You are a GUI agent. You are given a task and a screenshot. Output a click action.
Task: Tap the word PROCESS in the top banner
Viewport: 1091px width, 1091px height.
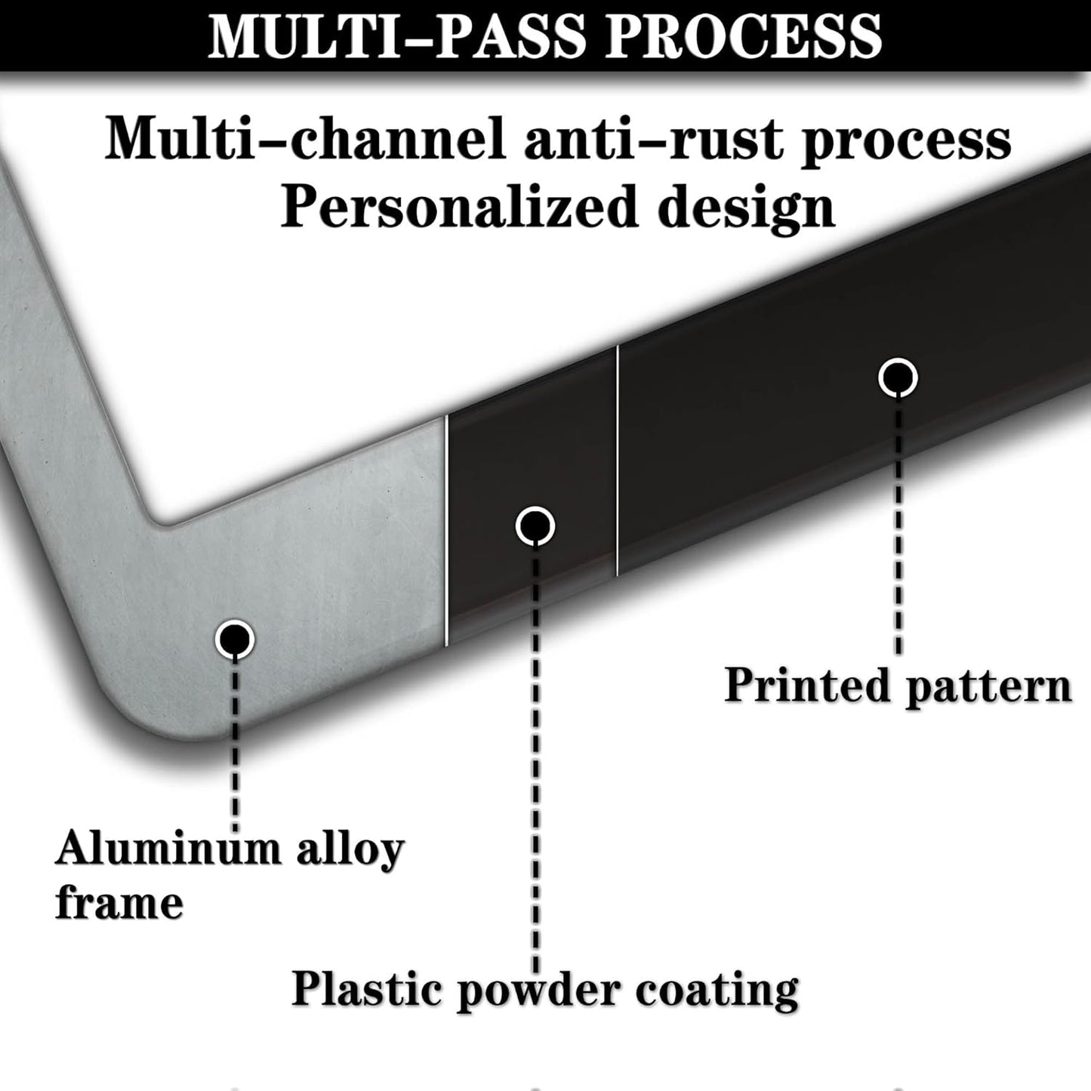pos(744,36)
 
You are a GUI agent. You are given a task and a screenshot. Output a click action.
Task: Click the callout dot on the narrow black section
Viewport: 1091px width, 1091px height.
pos(535,526)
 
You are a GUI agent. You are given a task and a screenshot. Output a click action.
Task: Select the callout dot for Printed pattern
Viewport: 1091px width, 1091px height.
pos(898,378)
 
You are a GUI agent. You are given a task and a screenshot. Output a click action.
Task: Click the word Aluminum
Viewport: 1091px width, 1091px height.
pos(168,848)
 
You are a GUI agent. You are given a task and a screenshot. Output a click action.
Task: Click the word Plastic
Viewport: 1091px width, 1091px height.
pos(366,989)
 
